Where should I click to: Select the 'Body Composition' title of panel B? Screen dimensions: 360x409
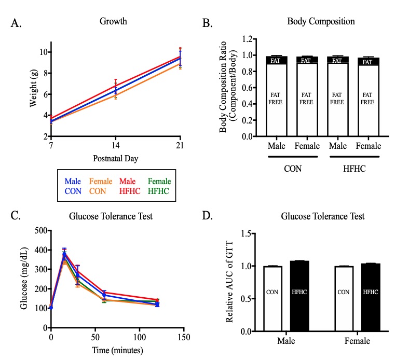click(x=321, y=22)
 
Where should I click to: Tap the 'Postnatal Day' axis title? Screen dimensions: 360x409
click(x=115, y=158)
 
